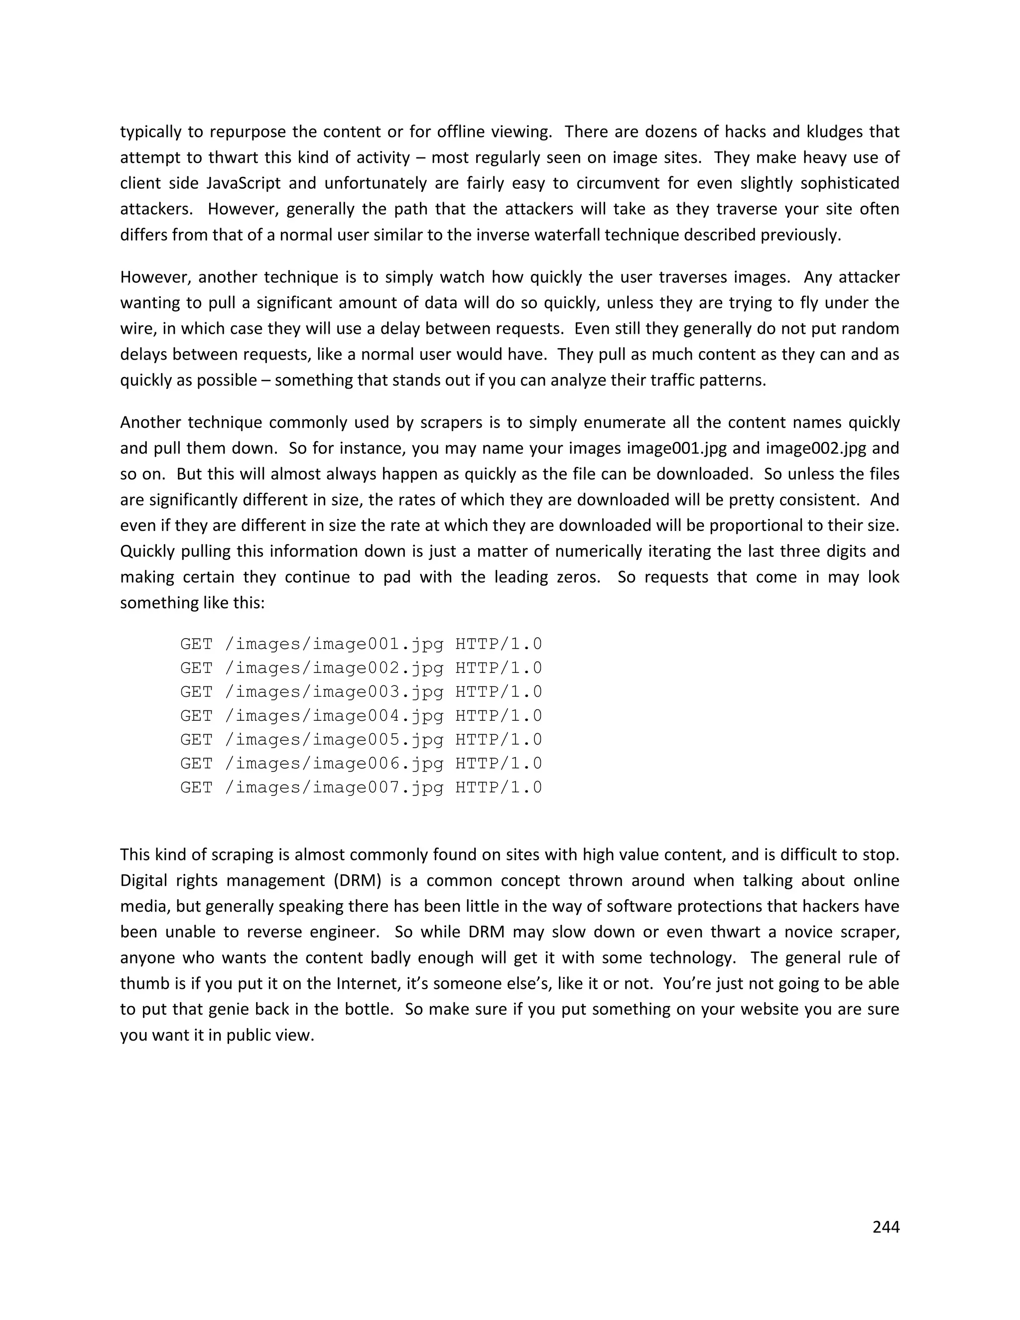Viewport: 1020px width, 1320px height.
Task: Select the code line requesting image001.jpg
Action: coord(361,644)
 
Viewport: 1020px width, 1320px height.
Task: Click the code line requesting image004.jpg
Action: coord(361,716)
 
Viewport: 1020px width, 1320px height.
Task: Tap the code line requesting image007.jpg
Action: coord(361,788)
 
